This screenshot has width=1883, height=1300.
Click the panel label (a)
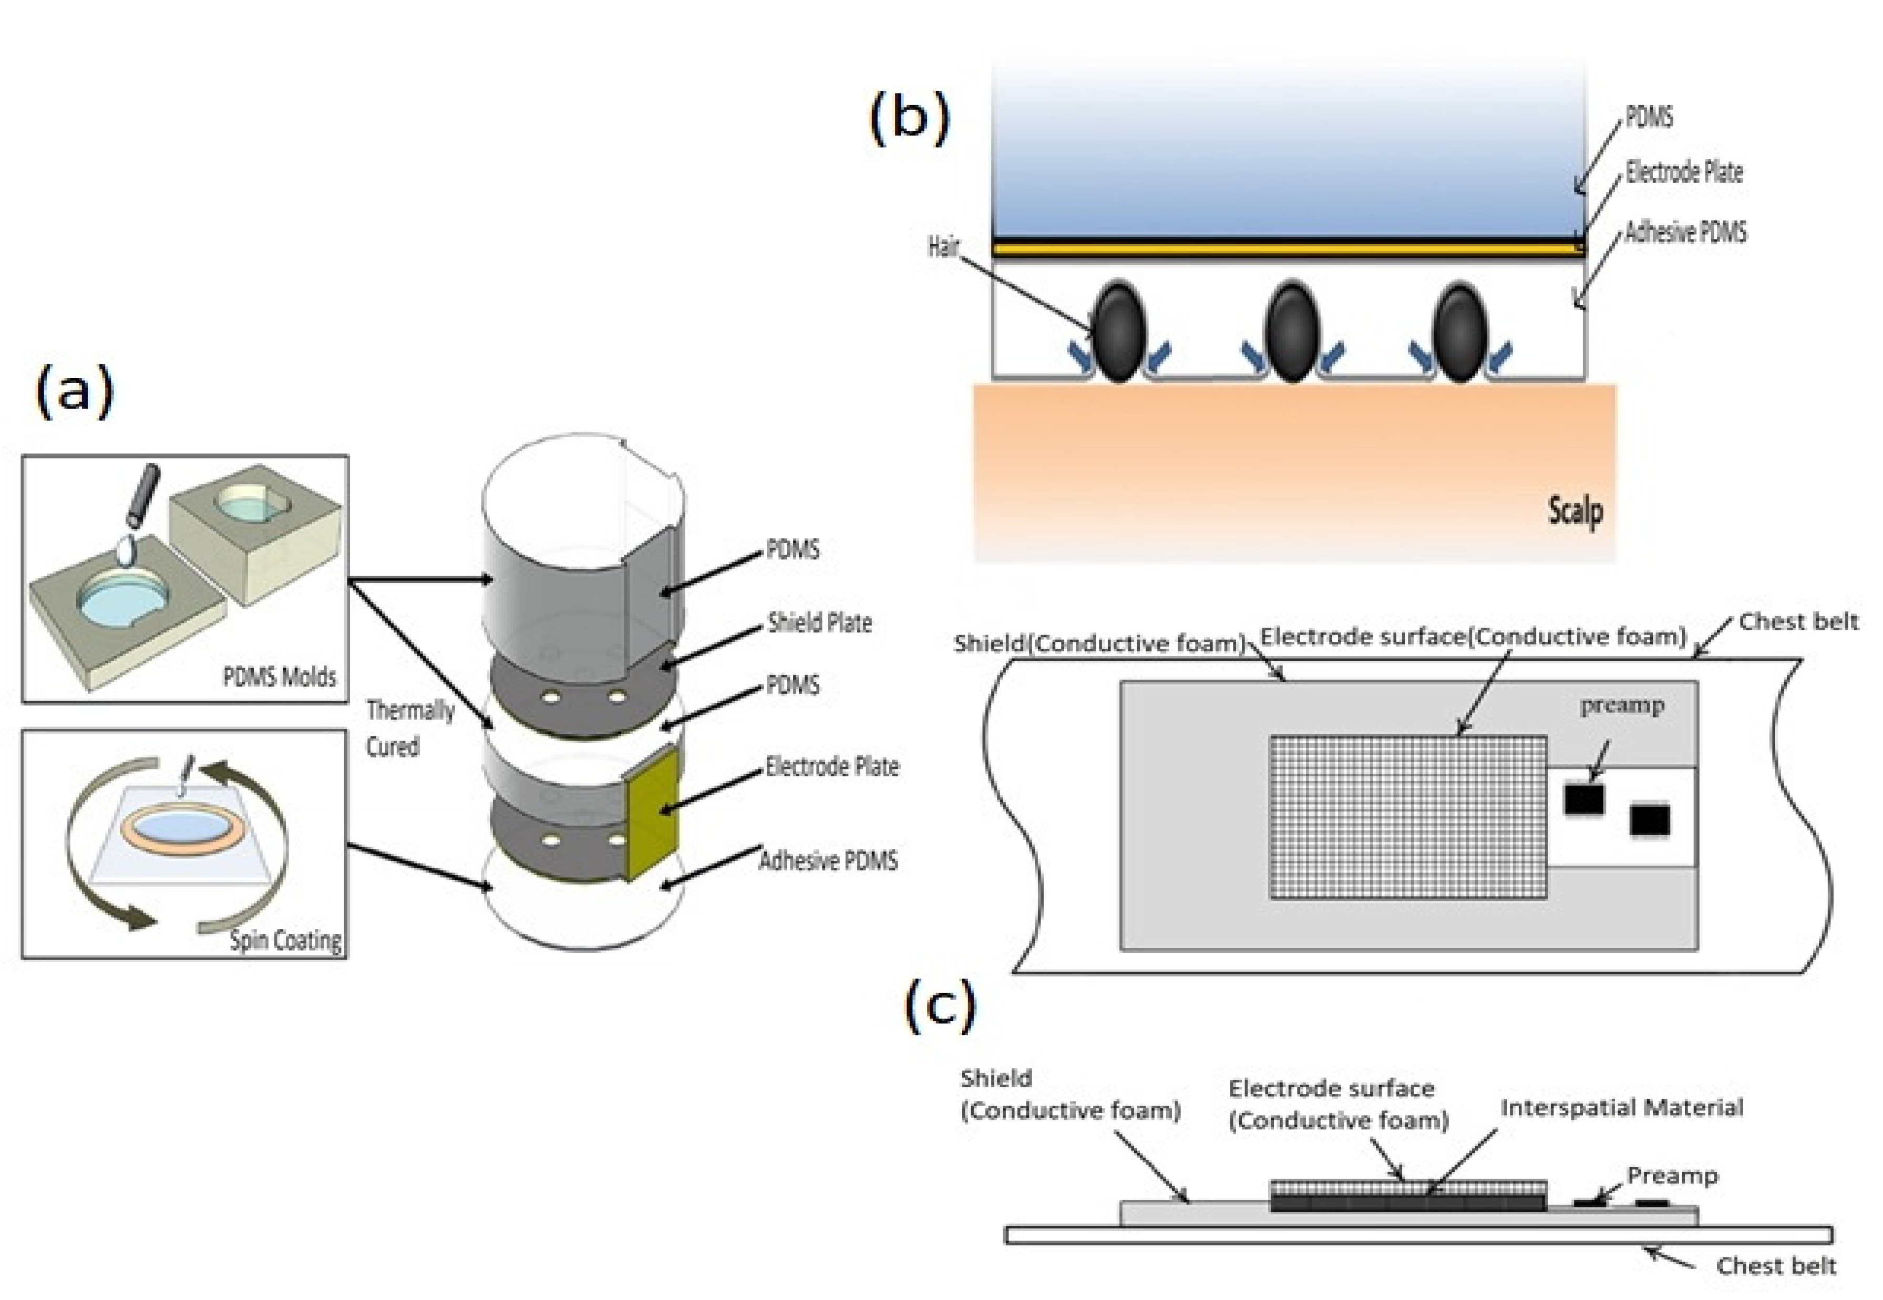(x=74, y=392)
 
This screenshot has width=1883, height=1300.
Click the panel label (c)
(x=940, y=1006)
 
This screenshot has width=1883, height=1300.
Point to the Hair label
(x=943, y=246)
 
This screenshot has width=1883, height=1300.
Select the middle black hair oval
(x=1291, y=331)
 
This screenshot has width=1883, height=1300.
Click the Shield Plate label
(x=819, y=623)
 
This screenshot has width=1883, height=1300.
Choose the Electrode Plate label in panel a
(x=831, y=766)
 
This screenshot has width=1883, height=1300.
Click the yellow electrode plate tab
(x=652, y=815)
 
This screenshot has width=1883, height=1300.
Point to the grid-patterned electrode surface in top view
(x=1407, y=817)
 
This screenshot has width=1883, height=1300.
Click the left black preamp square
(x=1583, y=798)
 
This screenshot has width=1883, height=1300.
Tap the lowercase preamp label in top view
(x=1621, y=705)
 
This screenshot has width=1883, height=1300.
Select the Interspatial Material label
(x=1621, y=1108)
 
